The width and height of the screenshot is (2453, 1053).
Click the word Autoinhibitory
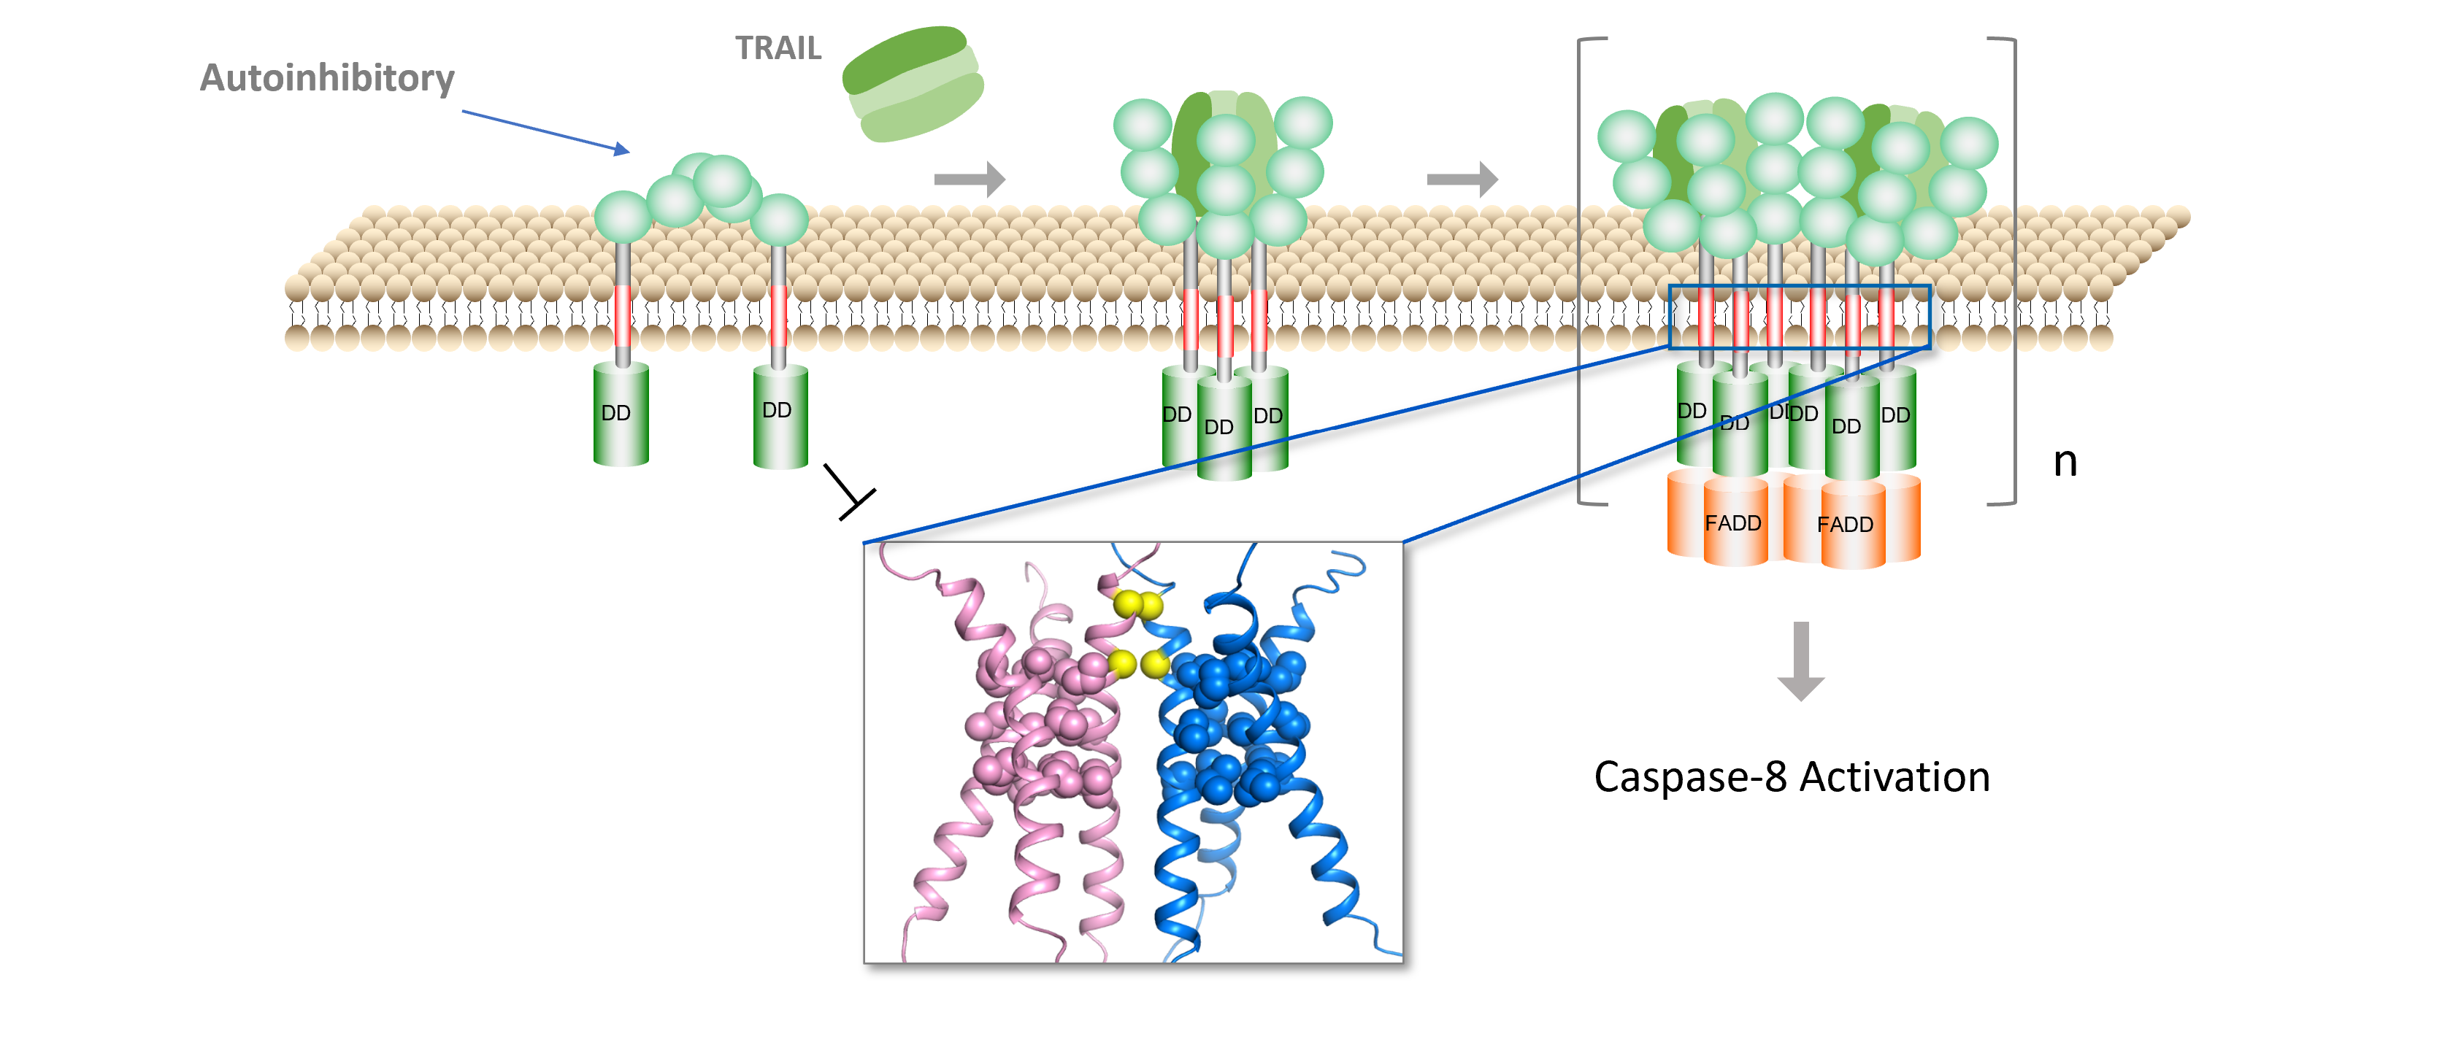pos(326,78)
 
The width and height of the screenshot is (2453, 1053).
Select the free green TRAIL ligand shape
pos(913,84)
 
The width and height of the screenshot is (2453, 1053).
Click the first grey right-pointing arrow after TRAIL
pos(970,179)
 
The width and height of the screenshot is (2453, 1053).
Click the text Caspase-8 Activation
pos(1791,777)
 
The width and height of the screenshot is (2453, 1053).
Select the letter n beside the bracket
pos(2065,462)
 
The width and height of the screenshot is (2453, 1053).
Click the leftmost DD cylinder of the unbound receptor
pos(620,414)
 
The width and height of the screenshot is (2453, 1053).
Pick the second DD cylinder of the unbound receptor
pos(779,415)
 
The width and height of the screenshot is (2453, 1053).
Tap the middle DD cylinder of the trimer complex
pos(1223,428)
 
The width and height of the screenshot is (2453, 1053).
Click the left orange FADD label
pos(1732,524)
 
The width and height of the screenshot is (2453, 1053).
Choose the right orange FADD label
pos(1845,525)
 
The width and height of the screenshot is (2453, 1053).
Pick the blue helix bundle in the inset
pos(1238,743)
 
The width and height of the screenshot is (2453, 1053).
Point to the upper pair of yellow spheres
pos(1138,604)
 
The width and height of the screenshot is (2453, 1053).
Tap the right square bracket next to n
pos(2012,271)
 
